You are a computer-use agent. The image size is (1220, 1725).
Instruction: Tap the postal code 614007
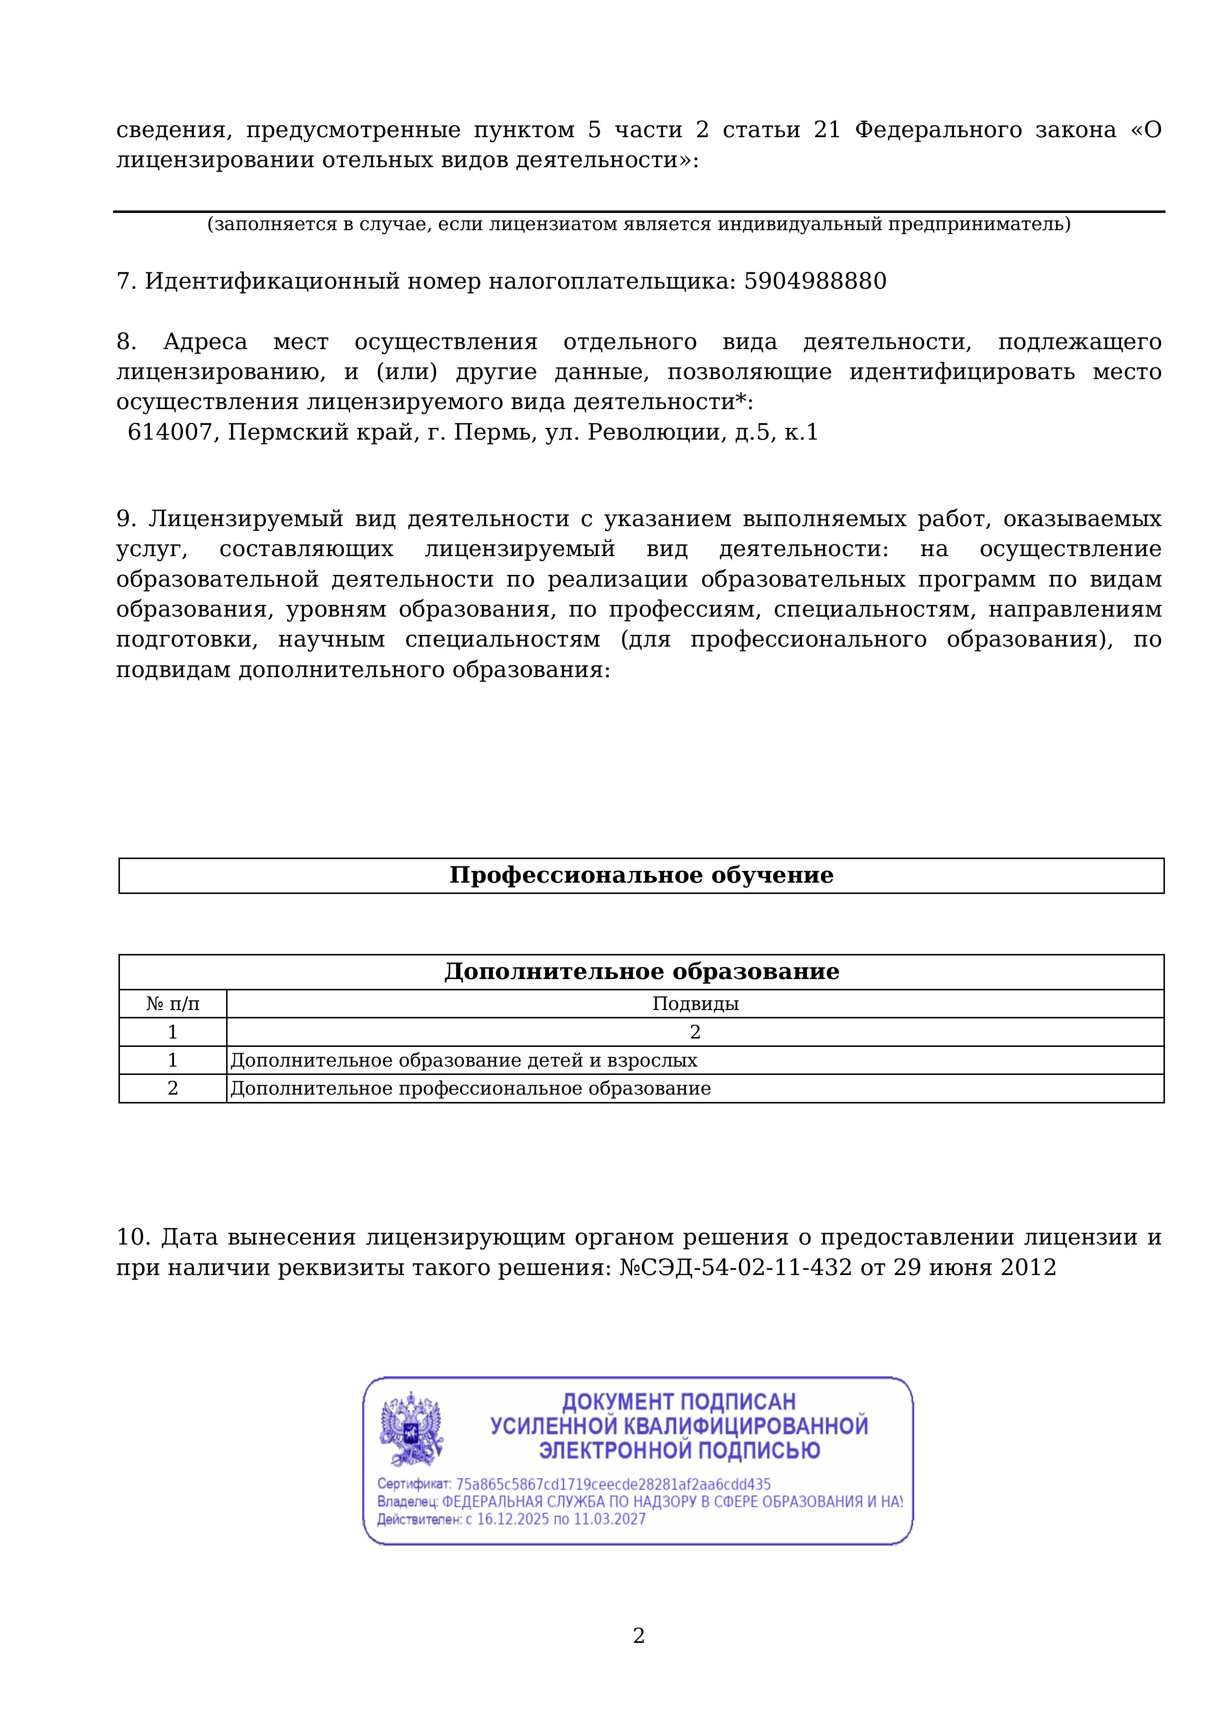click(x=170, y=433)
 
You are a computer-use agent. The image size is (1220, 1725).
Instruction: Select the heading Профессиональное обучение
click(x=641, y=875)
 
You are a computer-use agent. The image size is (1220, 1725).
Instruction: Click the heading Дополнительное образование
click(x=641, y=972)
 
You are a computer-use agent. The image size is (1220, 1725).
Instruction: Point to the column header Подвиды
click(x=695, y=1004)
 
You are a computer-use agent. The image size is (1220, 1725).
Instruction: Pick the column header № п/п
click(x=173, y=1004)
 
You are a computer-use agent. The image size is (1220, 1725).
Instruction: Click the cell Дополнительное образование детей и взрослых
click(x=464, y=1060)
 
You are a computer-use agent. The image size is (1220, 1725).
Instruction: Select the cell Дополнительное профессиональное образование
click(x=470, y=1089)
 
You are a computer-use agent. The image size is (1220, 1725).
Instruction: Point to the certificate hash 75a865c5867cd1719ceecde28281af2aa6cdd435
click(x=613, y=1485)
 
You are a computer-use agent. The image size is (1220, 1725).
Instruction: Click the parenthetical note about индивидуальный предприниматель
click(x=639, y=224)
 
